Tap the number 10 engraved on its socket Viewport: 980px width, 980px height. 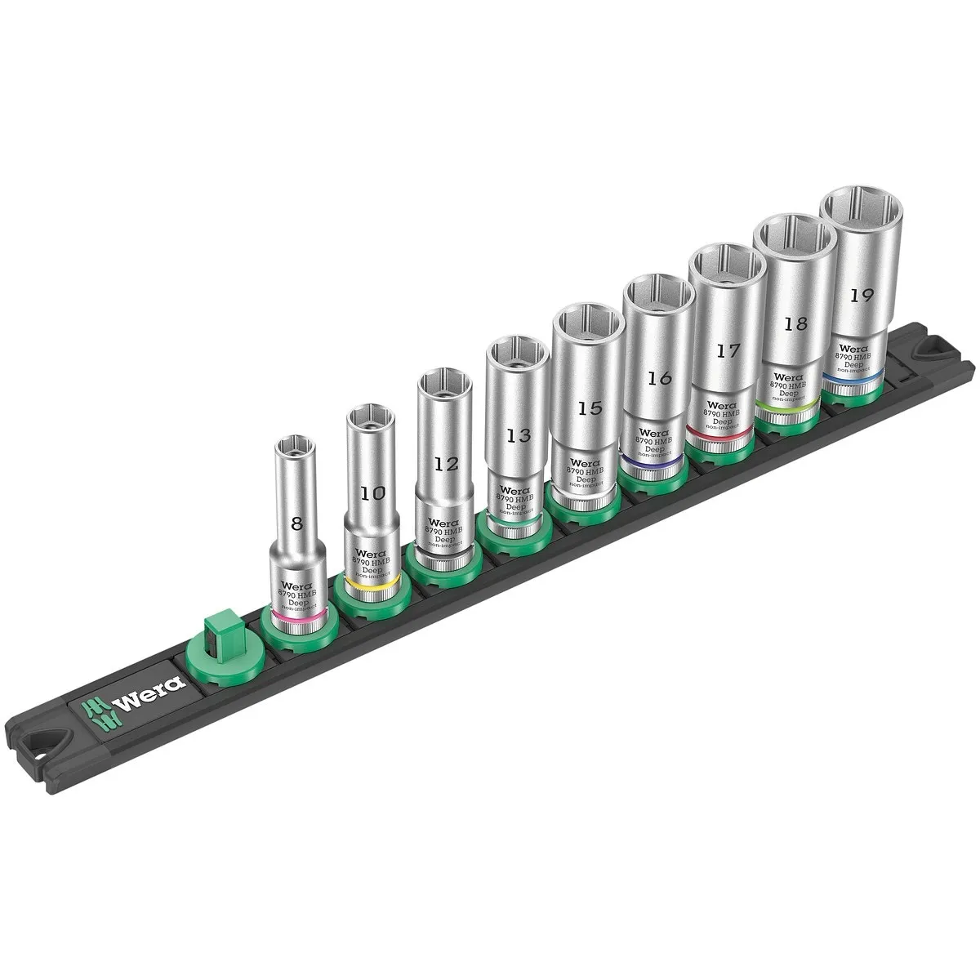374,493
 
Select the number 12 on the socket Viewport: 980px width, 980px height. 445,464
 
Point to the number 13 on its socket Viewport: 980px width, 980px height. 518,435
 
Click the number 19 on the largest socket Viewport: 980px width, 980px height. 858,296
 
